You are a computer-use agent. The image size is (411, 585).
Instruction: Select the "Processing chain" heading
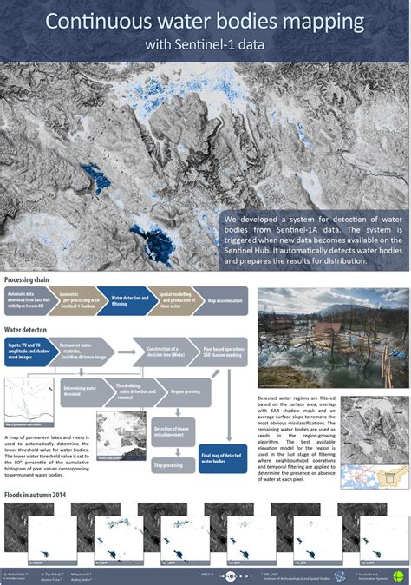coord(27,280)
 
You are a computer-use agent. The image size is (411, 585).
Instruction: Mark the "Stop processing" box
coord(169,465)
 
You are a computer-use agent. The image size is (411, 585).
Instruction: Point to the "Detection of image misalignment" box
coord(173,431)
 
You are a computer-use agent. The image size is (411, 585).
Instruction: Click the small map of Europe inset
coord(355,477)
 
